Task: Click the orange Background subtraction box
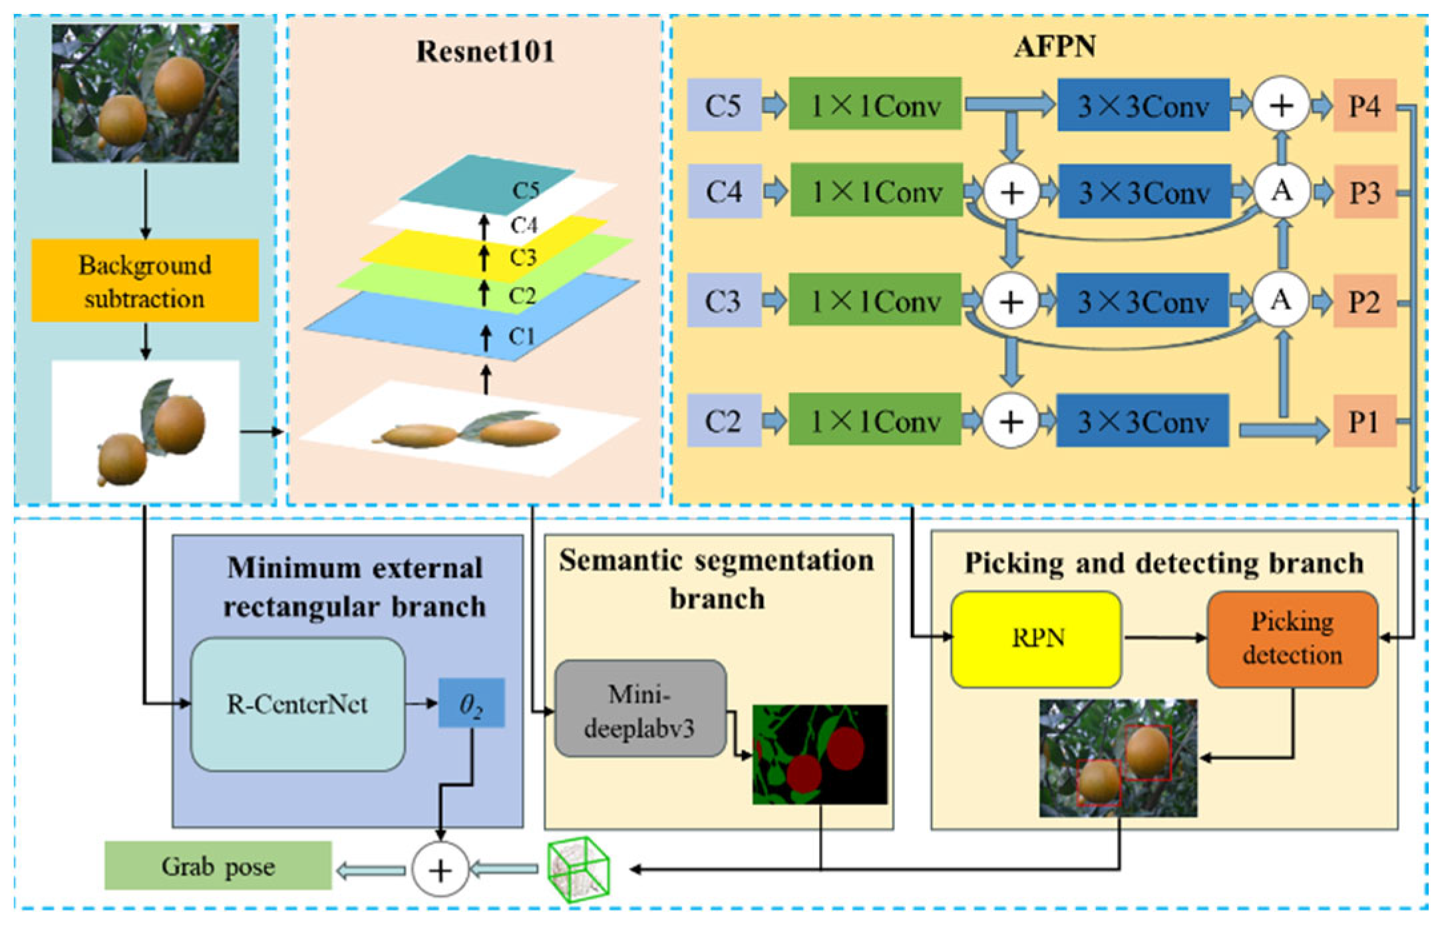pyautogui.click(x=145, y=281)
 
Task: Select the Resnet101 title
pyautogui.click(x=485, y=51)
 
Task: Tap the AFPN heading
pyautogui.click(x=1055, y=46)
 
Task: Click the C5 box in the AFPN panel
pyautogui.click(x=724, y=105)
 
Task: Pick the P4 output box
pyautogui.click(x=1364, y=105)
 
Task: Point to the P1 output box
pyautogui.click(x=1363, y=421)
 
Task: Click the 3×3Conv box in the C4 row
pyautogui.click(x=1144, y=192)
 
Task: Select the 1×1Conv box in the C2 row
pyautogui.click(x=875, y=421)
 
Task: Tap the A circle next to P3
pyautogui.click(x=1282, y=192)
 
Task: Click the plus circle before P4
pyautogui.click(x=1282, y=105)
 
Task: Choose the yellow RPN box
pyautogui.click(x=1037, y=638)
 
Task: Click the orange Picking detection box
pyautogui.click(x=1292, y=638)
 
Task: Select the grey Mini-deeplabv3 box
pyautogui.click(x=640, y=709)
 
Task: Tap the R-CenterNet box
pyautogui.click(x=297, y=704)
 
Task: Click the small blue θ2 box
pyautogui.click(x=471, y=703)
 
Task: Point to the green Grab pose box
pyautogui.click(x=218, y=866)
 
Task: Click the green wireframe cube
pyautogui.click(x=578, y=869)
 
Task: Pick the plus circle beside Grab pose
pyautogui.click(x=440, y=869)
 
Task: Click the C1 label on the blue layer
pyautogui.click(x=522, y=336)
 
